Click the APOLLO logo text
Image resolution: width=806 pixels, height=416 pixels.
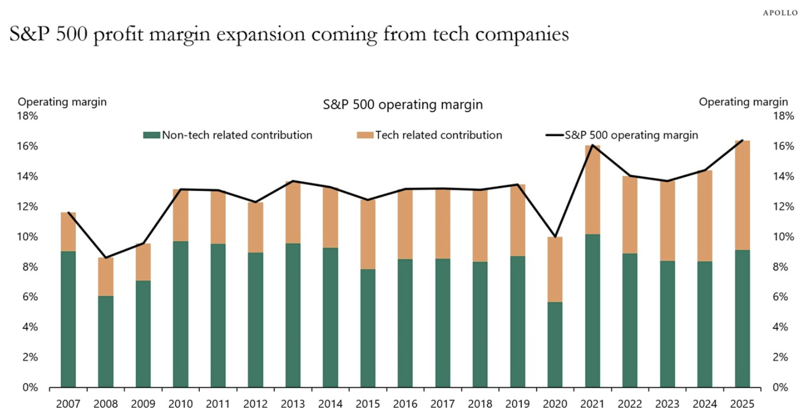coord(781,13)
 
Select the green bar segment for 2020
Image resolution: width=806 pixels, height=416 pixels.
coord(555,345)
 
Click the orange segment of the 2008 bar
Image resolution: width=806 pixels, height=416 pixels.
coord(106,276)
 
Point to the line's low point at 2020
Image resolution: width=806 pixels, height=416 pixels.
coord(555,237)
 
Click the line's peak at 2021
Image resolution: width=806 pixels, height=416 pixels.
coord(592,145)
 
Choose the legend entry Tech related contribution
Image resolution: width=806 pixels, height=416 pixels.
coord(438,135)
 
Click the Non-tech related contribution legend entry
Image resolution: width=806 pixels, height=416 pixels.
coord(237,135)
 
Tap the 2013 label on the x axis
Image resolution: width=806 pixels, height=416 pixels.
coord(293,404)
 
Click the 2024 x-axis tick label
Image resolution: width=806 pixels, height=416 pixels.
coord(705,404)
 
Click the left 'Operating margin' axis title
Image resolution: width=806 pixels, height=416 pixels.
coord(62,102)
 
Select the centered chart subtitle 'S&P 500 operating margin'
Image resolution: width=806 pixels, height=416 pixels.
coord(402,105)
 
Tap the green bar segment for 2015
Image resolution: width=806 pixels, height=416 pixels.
coord(368,328)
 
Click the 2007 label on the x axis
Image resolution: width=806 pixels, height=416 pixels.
coord(68,404)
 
